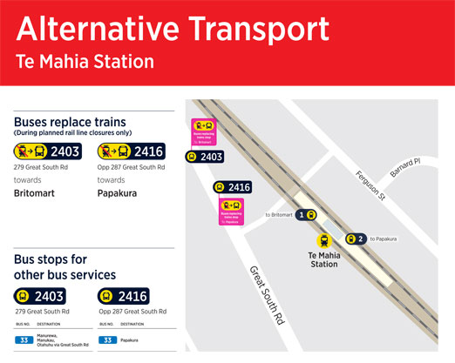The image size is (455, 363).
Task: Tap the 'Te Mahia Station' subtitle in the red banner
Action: point(85,63)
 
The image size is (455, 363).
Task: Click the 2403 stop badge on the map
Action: point(206,158)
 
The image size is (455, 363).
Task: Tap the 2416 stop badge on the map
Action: point(233,187)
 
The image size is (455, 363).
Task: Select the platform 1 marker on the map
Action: point(306,214)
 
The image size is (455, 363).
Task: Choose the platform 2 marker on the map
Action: point(355,239)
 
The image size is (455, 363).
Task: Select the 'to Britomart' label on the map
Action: point(278,214)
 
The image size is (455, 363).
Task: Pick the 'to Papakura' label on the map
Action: point(384,239)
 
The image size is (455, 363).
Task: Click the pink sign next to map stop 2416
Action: point(231,211)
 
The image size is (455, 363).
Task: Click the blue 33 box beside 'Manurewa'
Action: point(24,339)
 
